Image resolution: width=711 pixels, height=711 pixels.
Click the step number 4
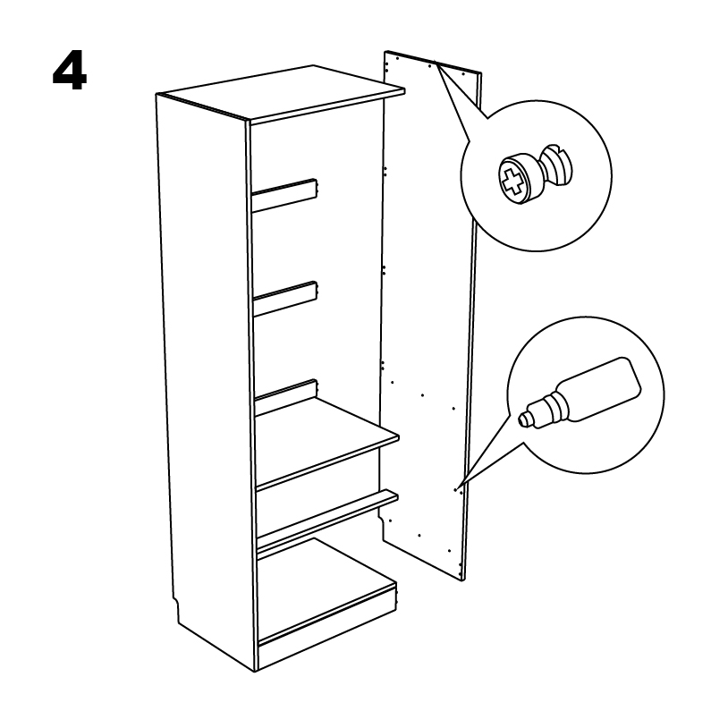pyautogui.click(x=70, y=73)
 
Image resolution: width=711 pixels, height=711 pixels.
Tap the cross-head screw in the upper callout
pyautogui.click(x=535, y=174)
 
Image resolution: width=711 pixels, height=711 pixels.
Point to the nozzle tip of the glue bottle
pyautogui.click(x=523, y=419)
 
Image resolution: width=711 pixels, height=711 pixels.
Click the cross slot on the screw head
pyautogui.click(x=512, y=180)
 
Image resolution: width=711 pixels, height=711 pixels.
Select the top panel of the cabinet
pyautogui.click(x=281, y=94)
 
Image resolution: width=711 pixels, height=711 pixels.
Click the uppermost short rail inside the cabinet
pyautogui.click(x=284, y=196)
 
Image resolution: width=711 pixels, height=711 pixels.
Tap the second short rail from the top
pyautogui.click(x=285, y=299)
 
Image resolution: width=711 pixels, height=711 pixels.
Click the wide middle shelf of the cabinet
pyautogui.click(x=326, y=443)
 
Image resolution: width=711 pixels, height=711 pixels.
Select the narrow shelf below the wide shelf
pyautogui.click(x=327, y=520)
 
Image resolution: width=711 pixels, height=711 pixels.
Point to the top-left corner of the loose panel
pyautogui.click(x=385, y=51)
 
